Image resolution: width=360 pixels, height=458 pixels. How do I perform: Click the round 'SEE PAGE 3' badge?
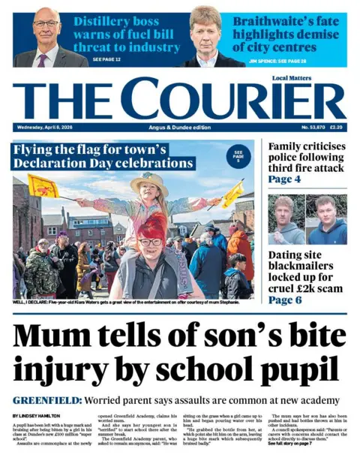[238, 155]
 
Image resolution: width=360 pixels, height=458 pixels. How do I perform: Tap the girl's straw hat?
[148, 181]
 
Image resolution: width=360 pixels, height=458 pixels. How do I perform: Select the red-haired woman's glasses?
[151, 242]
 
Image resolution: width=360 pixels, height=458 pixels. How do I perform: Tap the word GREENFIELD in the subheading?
[46, 400]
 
